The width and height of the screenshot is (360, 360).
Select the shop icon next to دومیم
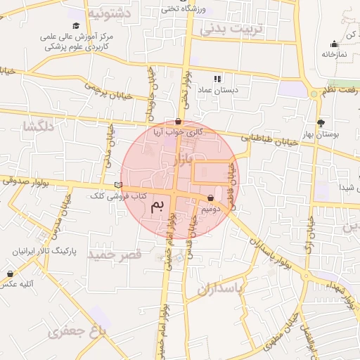[211, 198]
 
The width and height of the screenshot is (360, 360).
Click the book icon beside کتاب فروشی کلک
[118, 184]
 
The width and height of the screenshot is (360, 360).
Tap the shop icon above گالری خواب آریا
[177, 122]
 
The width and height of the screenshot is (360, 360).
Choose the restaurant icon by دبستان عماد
[217, 79]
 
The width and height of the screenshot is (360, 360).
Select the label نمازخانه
[335, 53]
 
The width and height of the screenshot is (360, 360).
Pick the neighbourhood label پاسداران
[218, 289]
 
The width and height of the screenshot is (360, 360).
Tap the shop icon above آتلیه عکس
[10, 274]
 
